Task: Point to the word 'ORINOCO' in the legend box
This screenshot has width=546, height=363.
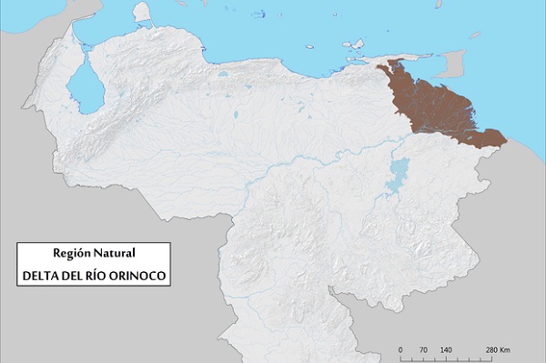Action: click(139, 274)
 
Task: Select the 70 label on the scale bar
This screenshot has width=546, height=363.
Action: click(422, 350)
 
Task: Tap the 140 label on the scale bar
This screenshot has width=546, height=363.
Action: click(445, 350)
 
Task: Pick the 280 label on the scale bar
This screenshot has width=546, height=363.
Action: click(491, 350)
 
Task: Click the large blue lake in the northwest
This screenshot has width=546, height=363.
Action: click(85, 87)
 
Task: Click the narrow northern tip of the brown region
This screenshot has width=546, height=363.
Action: click(393, 64)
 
